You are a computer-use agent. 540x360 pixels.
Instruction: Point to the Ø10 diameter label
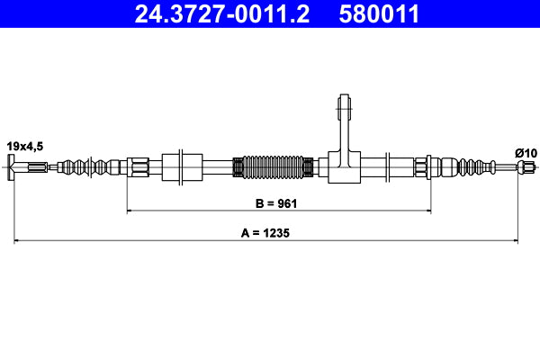click(526, 152)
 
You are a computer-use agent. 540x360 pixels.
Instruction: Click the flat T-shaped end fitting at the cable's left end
click(13, 166)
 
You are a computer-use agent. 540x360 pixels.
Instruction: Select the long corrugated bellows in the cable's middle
click(274, 166)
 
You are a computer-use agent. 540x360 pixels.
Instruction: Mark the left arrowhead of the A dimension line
click(16, 240)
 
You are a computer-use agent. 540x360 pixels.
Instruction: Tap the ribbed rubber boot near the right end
click(470, 166)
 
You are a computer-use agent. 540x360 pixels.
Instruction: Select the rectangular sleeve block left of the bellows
click(184, 166)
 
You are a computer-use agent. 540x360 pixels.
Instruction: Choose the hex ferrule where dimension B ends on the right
click(421, 166)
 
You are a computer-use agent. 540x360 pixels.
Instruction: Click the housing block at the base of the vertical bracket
click(346, 166)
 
